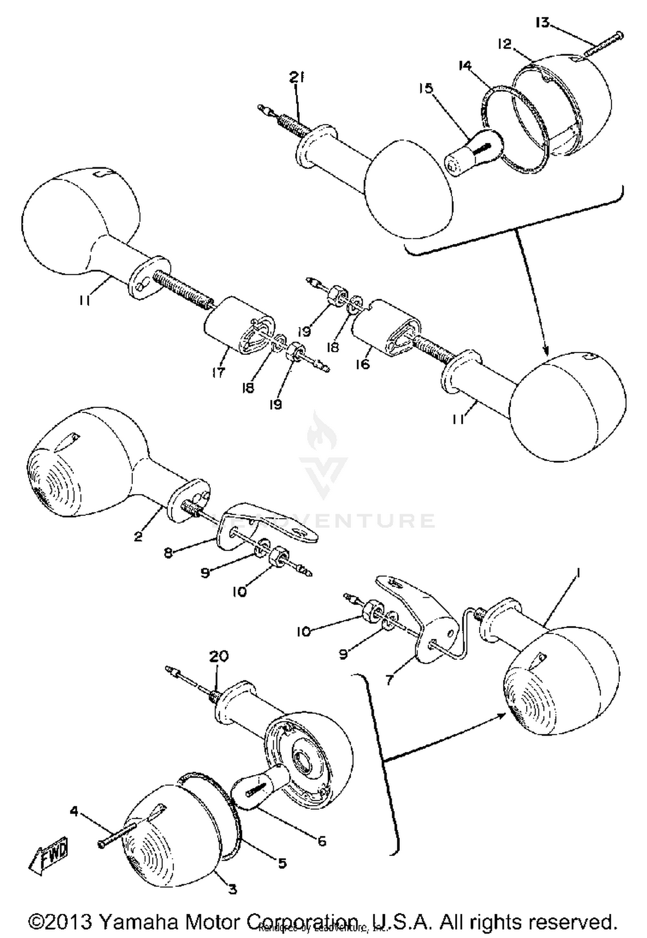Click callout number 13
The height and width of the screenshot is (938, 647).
point(542,22)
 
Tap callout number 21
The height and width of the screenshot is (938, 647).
point(297,78)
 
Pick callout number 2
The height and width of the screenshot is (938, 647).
point(138,537)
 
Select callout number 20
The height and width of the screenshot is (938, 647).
point(219,657)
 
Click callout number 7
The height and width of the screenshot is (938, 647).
point(389,680)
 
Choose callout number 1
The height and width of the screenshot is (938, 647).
point(578,573)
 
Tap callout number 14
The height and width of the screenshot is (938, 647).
point(465,66)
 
